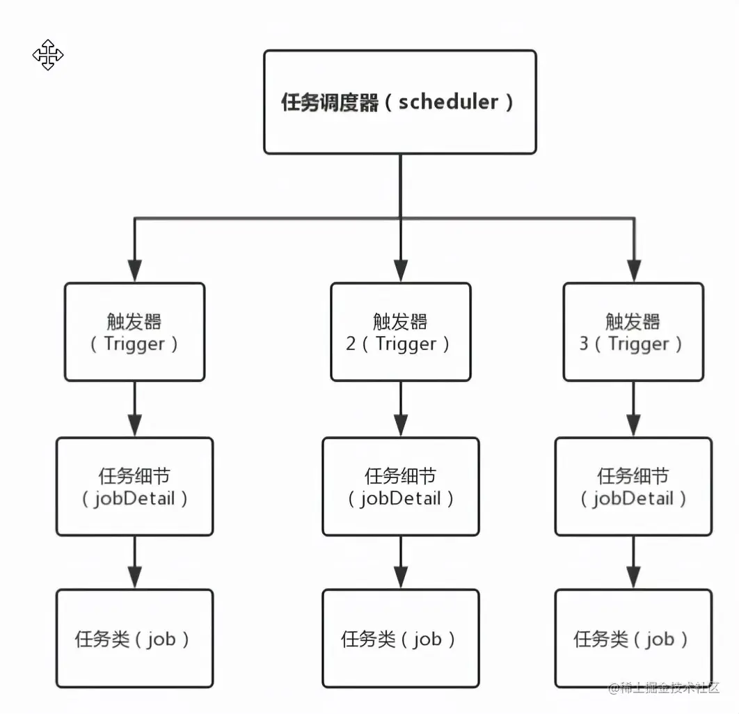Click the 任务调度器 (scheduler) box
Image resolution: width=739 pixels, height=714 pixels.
point(399,102)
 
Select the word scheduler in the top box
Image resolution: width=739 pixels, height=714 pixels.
point(448,102)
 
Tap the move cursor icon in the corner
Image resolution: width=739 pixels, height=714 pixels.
point(48,55)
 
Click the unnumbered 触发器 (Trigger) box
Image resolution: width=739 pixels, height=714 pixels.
point(134,332)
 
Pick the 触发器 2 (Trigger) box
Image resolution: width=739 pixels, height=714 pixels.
point(400,332)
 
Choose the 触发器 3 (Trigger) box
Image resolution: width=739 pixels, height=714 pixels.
point(633,332)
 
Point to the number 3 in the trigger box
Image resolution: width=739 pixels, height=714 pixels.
point(584,344)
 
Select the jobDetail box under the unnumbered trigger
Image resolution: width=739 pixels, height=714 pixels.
point(134,486)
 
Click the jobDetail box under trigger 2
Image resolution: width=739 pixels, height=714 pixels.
point(400,486)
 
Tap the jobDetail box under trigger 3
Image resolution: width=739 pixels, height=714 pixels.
point(633,486)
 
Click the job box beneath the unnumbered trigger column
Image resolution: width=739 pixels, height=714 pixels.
point(134,638)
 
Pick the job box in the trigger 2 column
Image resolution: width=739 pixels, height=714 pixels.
point(400,638)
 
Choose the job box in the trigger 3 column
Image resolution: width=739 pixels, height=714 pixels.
point(633,638)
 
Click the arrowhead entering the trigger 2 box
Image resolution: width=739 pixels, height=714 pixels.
point(400,271)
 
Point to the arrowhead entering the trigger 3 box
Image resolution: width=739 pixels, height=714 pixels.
point(633,271)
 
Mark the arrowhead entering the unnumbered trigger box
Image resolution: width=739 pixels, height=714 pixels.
point(134,271)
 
